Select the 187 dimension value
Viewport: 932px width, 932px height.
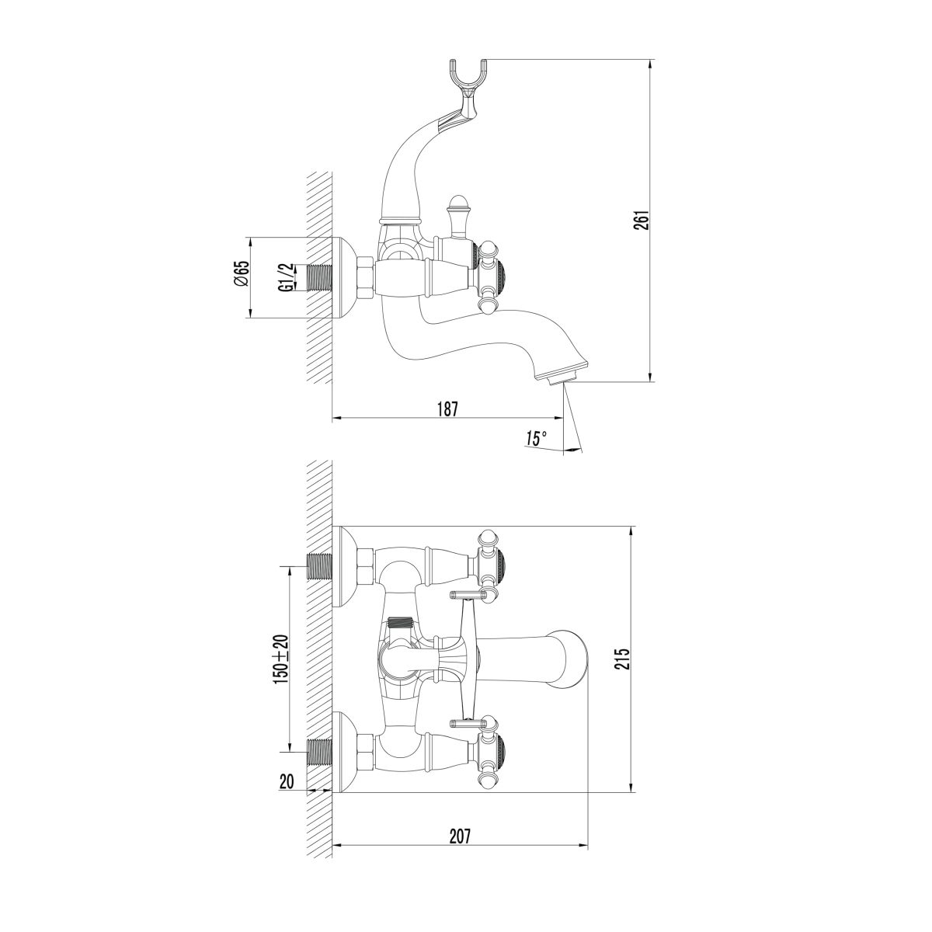pos(447,409)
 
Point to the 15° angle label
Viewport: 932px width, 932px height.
pos(537,439)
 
